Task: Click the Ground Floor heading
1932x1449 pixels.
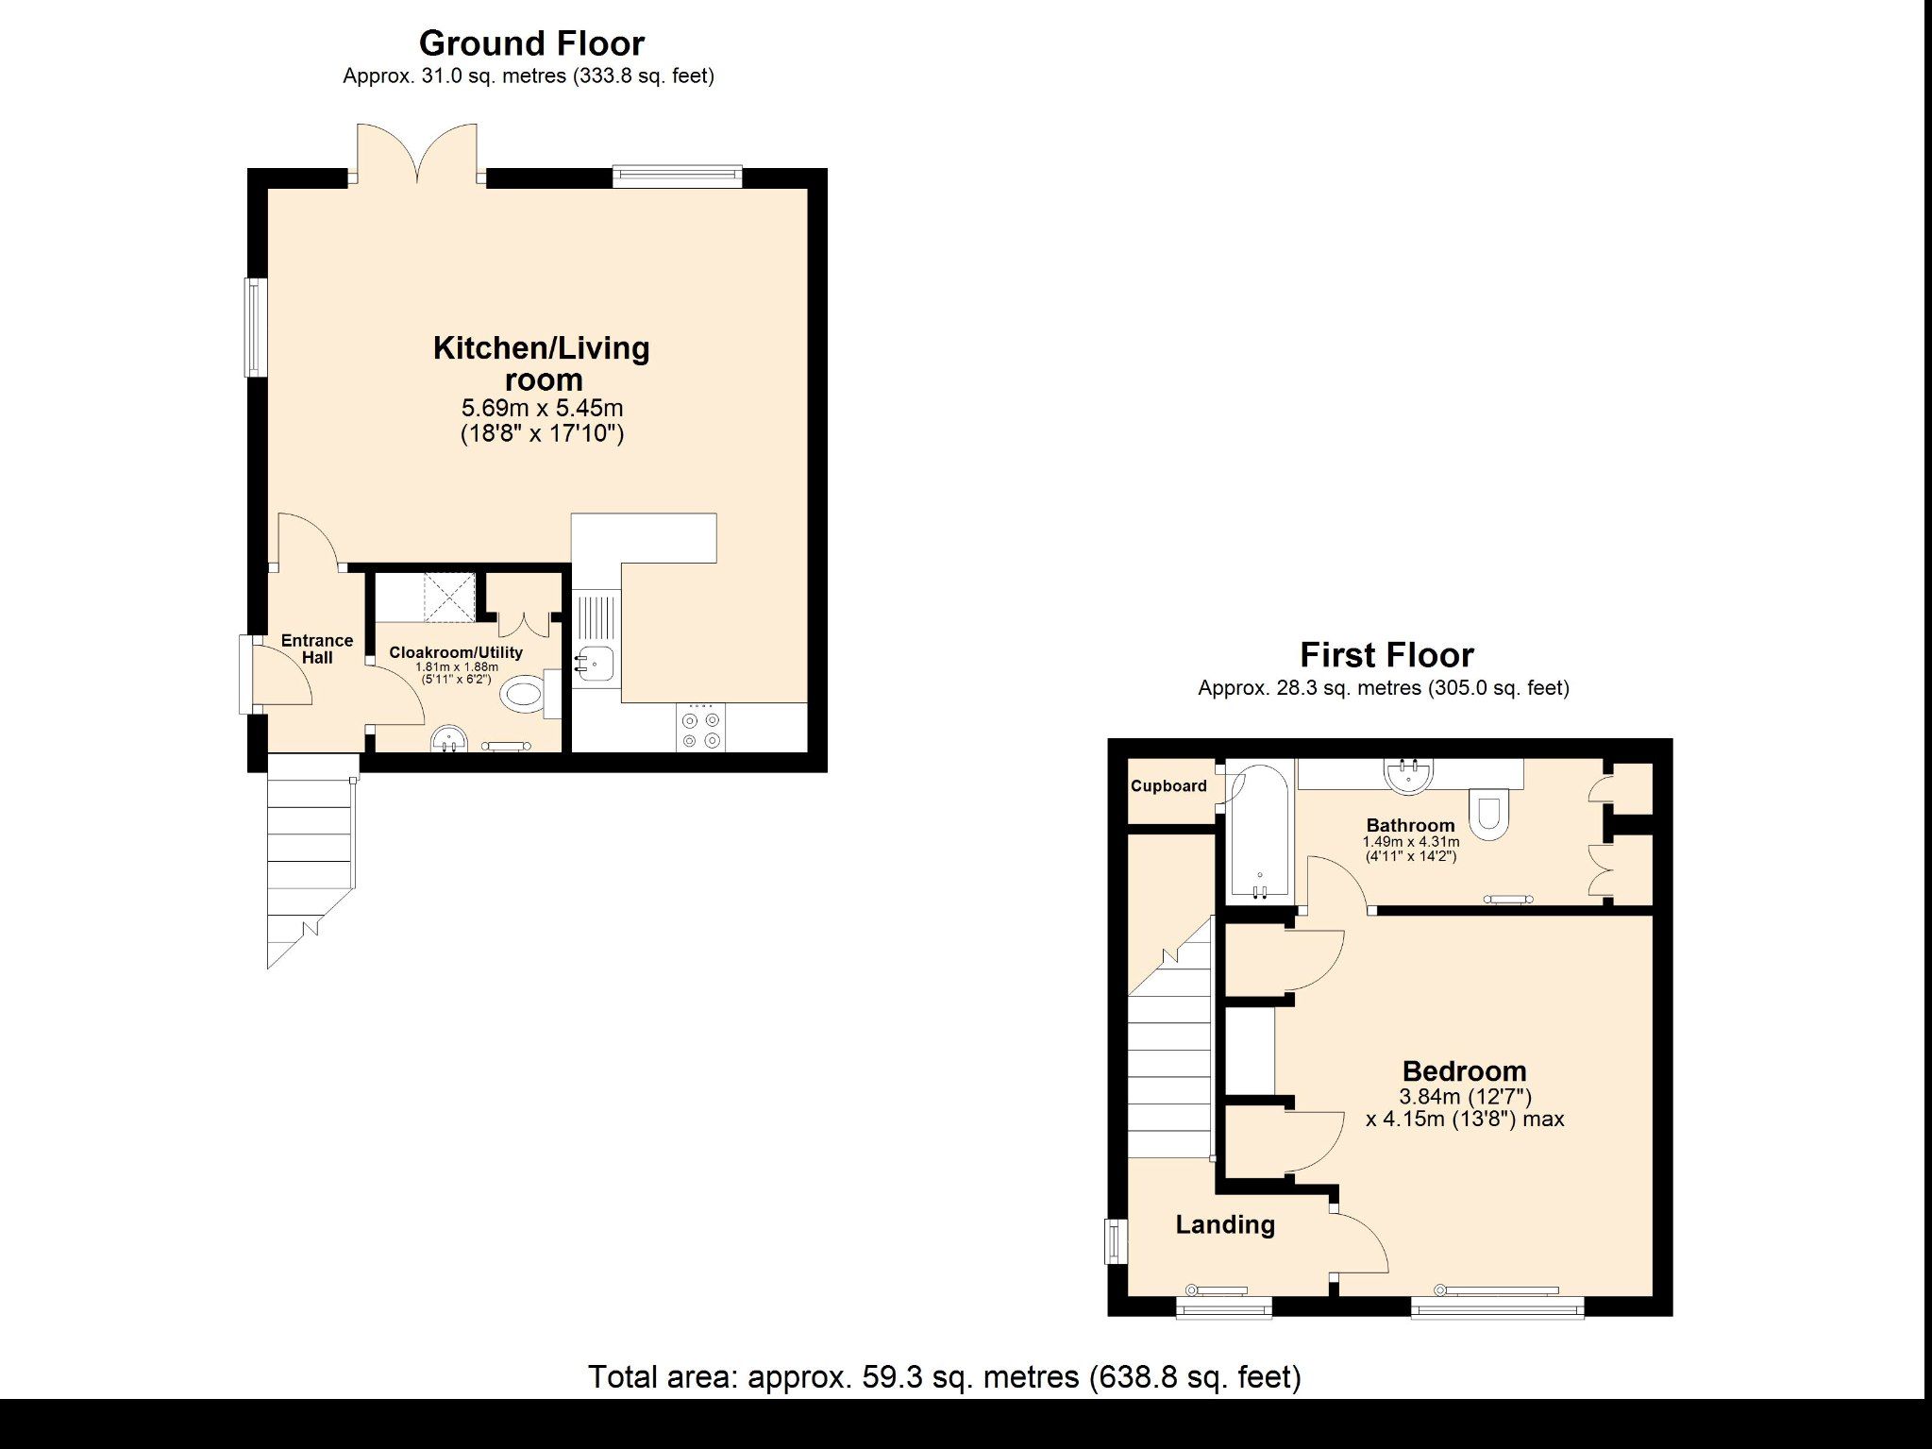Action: pos(531,43)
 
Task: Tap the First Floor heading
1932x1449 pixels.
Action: pos(1386,655)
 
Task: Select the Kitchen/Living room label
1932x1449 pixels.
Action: pos(542,363)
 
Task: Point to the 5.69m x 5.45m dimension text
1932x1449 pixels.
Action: pos(542,409)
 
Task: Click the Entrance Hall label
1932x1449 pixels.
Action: pos(317,649)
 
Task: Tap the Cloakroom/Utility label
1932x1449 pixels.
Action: pos(456,652)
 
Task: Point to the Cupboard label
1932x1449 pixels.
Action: pos(1168,786)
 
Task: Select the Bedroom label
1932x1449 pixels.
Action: pos(1464,1071)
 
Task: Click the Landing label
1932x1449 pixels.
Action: pos(1225,1224)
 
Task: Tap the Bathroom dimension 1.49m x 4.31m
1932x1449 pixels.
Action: pos(1411,842)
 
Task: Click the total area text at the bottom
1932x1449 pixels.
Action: pos(945,1377)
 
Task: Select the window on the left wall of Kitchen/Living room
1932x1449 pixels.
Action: pos(254,326)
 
